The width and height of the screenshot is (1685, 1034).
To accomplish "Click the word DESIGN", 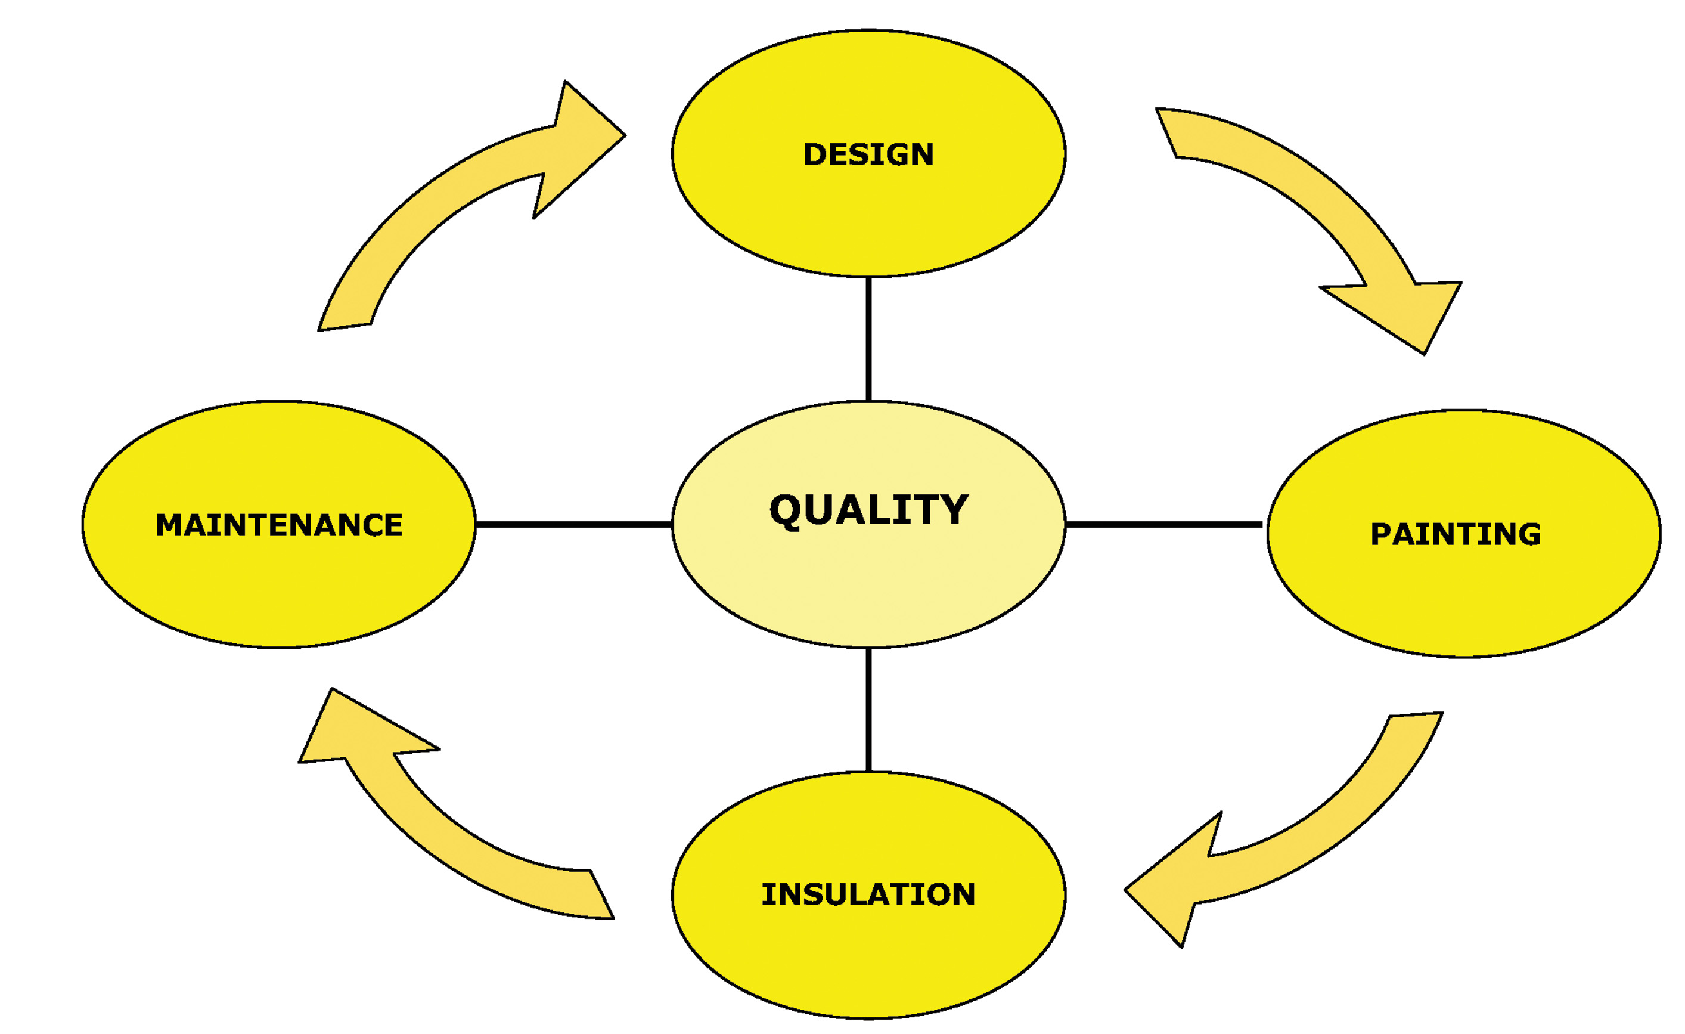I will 868,154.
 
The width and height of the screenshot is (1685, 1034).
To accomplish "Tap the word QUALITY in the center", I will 868,510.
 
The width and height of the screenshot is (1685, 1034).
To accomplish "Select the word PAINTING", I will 1456,534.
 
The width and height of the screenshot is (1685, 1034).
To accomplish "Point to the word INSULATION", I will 868,894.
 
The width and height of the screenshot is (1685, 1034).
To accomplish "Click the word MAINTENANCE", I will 279,525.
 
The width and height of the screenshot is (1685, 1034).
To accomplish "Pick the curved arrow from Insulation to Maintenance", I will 437,828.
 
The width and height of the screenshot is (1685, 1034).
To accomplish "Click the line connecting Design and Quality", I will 868,339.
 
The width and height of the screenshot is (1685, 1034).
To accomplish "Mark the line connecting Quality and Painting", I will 1162,525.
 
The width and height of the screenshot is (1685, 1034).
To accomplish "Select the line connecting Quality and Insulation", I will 868,709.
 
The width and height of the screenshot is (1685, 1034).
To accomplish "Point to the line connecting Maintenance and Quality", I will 573,525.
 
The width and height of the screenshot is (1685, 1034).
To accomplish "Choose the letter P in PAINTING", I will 1382,534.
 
